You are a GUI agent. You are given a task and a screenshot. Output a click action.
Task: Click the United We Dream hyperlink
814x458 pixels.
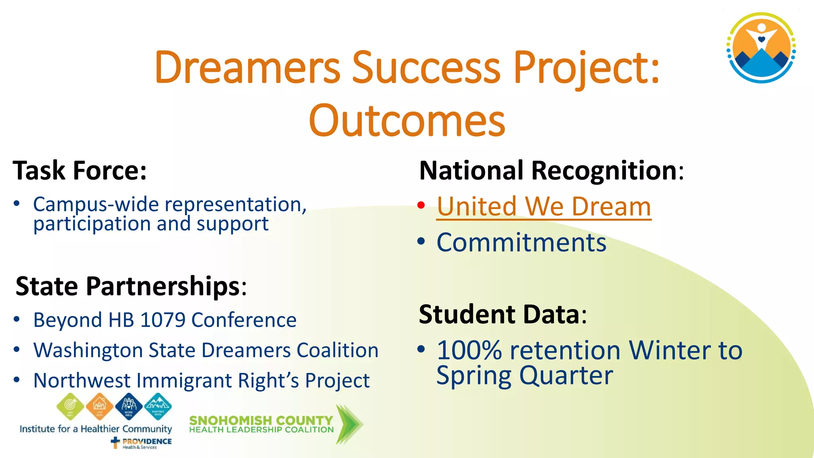pos(543,207)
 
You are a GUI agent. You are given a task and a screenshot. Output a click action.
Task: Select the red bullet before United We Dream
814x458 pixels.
pos(421,206)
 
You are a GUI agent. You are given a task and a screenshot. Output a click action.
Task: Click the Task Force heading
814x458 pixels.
pos(79,171)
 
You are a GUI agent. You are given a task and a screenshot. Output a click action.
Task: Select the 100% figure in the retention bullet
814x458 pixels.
pos(469,351)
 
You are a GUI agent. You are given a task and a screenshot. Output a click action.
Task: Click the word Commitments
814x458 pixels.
pos(521,243)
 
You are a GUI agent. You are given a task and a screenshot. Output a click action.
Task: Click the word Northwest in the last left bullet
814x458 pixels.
pos(82,381)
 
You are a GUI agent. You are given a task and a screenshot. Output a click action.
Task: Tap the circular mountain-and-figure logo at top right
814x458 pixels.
pos(761,48)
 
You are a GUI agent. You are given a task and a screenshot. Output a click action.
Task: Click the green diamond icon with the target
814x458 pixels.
pos(70,406)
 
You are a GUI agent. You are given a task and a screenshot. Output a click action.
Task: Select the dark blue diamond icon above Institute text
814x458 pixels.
pos(129,406)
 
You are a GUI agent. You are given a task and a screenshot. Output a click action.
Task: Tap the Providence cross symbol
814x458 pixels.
pos(115,442)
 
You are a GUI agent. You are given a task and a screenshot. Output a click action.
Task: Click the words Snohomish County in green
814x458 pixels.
pos(261,420)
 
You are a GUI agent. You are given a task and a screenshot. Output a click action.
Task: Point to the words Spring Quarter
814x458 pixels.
pos(524,376)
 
